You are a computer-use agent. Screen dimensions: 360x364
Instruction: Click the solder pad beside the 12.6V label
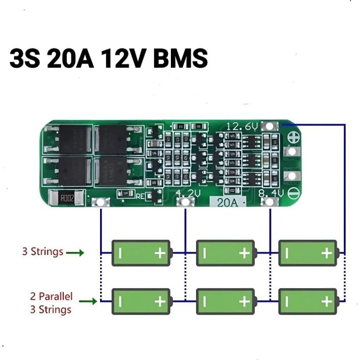point(271,126)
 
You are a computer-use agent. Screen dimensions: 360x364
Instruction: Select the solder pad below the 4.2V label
point(187,202)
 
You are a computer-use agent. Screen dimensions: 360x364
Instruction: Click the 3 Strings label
point(42,251)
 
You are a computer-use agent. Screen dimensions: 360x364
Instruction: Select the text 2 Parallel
point(51,296)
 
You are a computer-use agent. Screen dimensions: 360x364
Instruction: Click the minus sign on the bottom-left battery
point(120,301)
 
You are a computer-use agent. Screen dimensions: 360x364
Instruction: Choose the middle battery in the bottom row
point(224,301)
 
